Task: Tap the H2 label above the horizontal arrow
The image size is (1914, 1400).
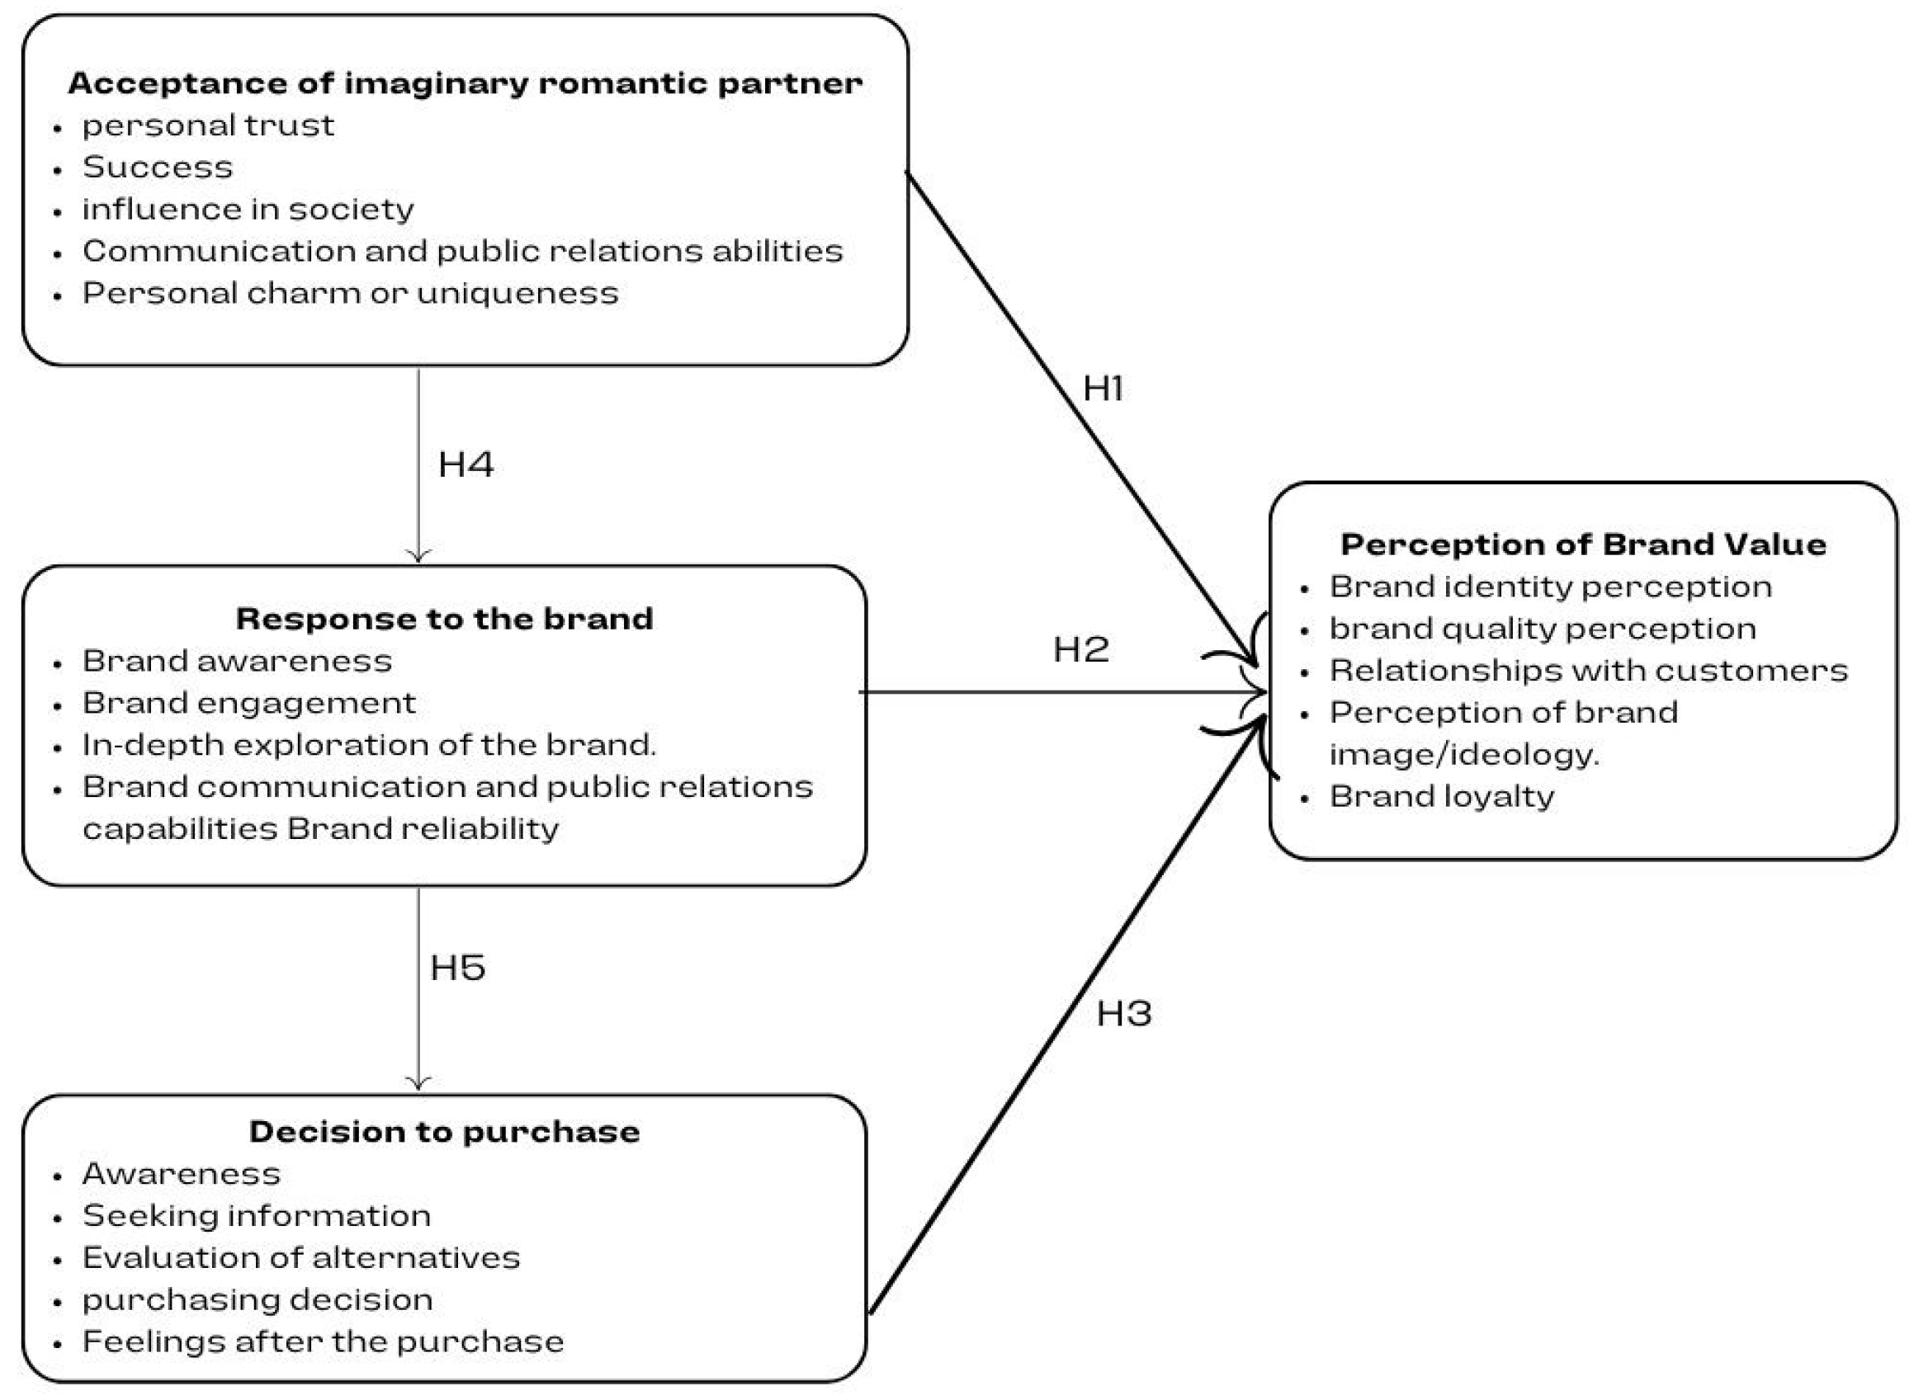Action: (x=1080, y=650)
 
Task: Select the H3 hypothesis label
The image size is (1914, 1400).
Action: (x=1123, y=1014)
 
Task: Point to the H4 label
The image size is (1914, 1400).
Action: (x=466, y=464)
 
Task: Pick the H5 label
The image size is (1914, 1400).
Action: (x=457, y=968)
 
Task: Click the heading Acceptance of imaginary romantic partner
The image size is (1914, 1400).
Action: (x=465, y=83)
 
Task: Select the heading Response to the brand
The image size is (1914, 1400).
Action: (x=444, y=619)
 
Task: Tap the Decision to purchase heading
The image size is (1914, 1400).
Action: (x=444, y=1131)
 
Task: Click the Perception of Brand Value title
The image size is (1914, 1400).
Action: (x=1582, y=544)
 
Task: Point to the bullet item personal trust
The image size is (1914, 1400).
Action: (x=208, y=126)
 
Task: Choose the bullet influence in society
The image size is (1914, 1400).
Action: (x=248, y=210)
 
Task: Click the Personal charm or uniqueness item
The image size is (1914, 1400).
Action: (x=350, y=293)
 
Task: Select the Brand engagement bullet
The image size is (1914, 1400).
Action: (x=248, y=704)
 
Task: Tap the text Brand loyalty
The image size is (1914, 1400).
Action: (x=1441, y=797)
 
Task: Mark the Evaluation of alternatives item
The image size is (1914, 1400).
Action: (x=301, y=1257)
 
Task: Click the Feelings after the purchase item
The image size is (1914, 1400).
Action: (x=322, y=1341)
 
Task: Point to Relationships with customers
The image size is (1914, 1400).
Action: (x=1588, y=671)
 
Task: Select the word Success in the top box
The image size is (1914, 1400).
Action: (x=157, y=167)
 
